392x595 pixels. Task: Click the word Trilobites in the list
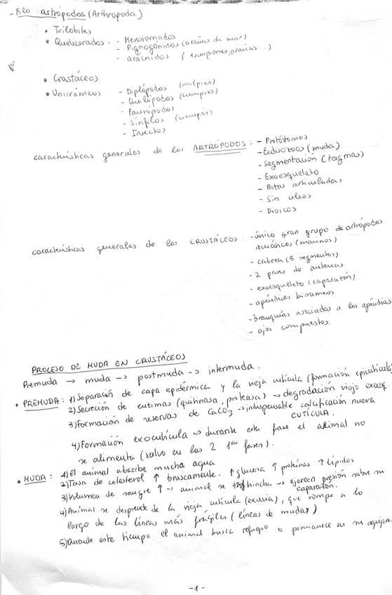coord(72,32)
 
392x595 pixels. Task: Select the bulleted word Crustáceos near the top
coord(76,79)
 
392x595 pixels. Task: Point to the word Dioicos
coord(280,209)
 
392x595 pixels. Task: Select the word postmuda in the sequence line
coord(163,375)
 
